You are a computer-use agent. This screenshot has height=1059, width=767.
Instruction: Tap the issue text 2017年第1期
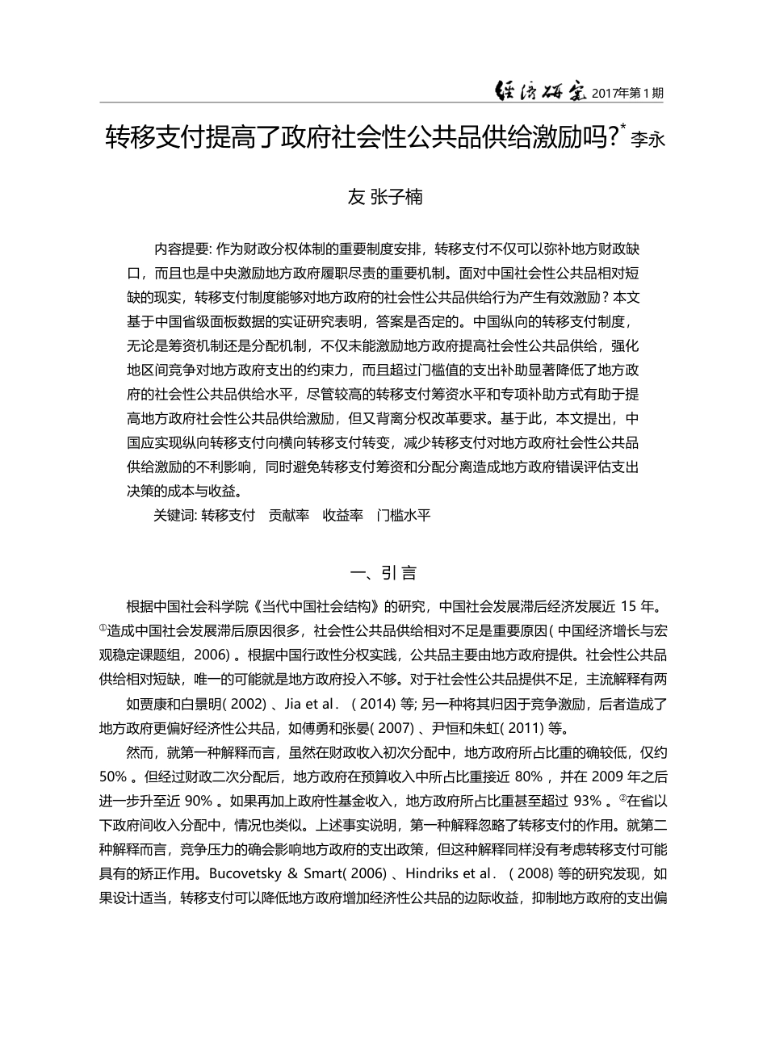627,94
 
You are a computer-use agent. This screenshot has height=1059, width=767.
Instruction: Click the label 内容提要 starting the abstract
182,249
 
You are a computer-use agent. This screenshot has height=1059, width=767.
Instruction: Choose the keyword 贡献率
289,515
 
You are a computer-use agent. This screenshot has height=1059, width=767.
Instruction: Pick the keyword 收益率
343,515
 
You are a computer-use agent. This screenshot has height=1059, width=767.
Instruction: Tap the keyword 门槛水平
403,515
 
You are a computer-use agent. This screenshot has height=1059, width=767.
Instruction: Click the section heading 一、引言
383,573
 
